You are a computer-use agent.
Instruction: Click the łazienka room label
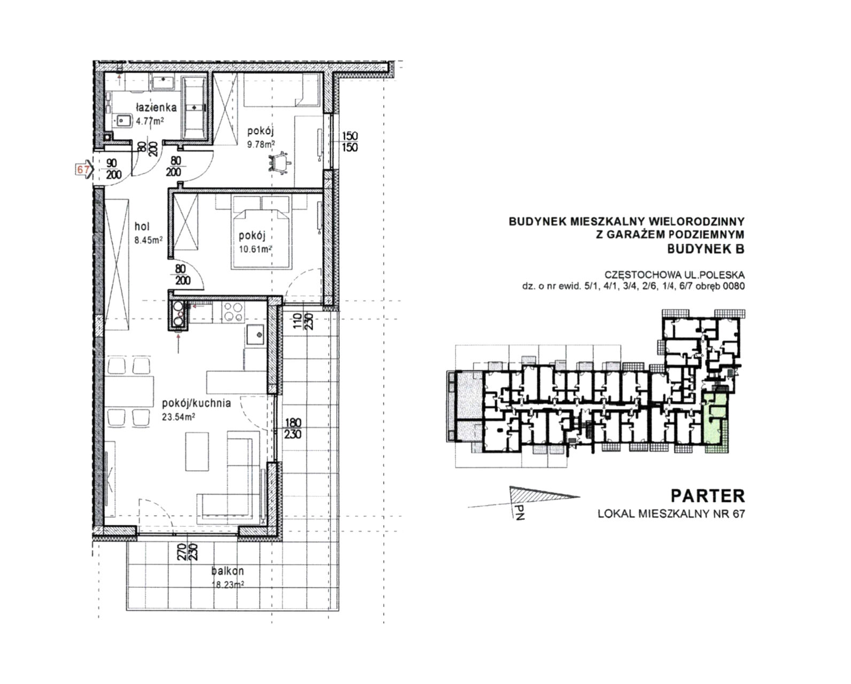[156, 107]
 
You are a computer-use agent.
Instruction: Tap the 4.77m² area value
[150, 121]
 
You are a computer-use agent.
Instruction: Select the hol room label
[142, 227]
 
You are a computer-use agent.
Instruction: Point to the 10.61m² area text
[256, 249]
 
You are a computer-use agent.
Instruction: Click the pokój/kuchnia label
[197, 403]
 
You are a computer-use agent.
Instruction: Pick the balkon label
[227, 571]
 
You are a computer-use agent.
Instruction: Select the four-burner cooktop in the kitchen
[233, 312]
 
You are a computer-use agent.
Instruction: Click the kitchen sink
[256, 335]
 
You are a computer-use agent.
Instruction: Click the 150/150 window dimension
[350, 142]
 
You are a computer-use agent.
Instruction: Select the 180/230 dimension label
[292, 429]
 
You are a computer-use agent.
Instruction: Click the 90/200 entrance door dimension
[113, 169]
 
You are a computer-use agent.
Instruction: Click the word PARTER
[707, 496]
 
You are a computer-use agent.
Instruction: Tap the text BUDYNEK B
[706, 249]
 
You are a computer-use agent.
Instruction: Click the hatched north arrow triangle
[534, 494]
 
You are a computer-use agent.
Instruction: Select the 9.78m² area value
[261, 144]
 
